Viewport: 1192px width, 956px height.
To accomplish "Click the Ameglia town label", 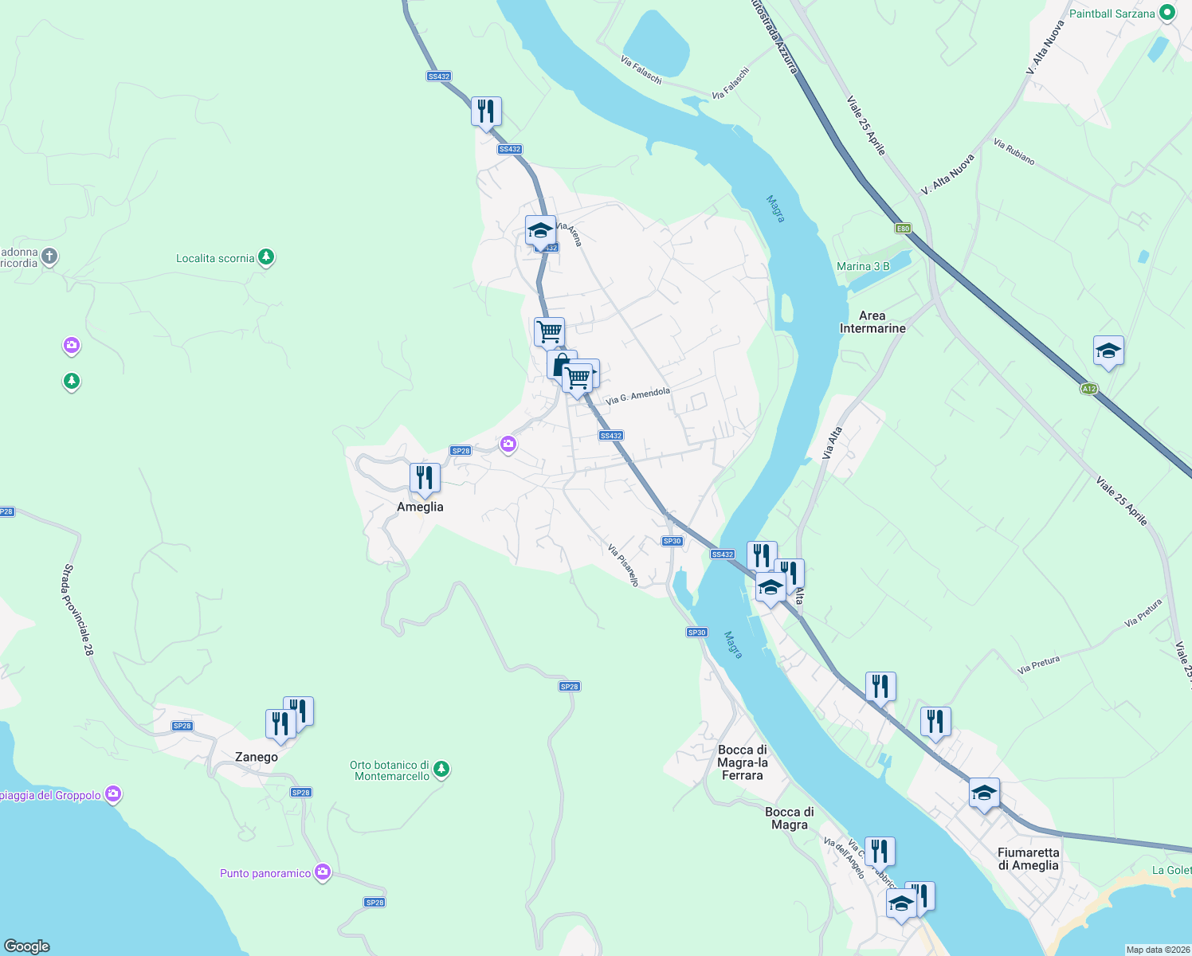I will pyautogui.click(x=420, y=507).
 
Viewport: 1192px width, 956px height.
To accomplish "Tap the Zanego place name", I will pyautogui.click(x=257, y=757).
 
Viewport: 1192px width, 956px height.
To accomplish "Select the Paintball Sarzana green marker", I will pyautogui.click(x=1167, y=13).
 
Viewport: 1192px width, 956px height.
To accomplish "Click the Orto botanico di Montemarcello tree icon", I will pyautogui.click(x=441, y=770).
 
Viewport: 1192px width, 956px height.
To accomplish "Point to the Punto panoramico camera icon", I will pyautogui.click(x=323, y=872).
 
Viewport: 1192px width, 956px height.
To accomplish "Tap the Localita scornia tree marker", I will pyautogui.click(x=266, y=257).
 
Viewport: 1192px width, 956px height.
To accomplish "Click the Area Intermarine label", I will pyautogui.click(x=872, y=322).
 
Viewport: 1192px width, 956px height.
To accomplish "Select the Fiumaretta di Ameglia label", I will pyautogui.click(x=1028, y=859).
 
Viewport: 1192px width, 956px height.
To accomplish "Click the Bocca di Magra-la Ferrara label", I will pyautogui.click(x=742, y=762).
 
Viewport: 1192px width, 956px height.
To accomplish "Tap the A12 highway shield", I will pyautogui.click(x=1089, y=389).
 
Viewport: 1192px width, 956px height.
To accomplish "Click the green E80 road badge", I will pyautogui.click(x=903, y=229).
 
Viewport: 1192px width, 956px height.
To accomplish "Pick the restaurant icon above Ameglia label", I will pyautogui.click(x=425, y=479).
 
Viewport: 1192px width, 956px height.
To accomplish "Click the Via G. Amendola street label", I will pyautogui.click(x=637, y=396).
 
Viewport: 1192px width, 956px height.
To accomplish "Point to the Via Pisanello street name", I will pyautogui.click(x=623, y=565).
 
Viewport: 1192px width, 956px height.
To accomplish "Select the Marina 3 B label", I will pyautogui.click(x=863, y=266).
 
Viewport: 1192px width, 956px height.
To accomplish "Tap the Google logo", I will pyautogui.click(x=27, y=946).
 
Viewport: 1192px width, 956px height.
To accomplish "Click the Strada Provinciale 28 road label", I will pyautogui.click(x=78, y=610).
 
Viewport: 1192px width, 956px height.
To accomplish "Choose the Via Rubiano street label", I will pyautogui.click(x=1014, y=152).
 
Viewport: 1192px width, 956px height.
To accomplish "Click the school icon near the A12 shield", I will pyautogui.click(x=1108, y=351).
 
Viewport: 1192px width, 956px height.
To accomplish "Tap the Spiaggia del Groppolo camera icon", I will pyautogui.click(x=113, y=794).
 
